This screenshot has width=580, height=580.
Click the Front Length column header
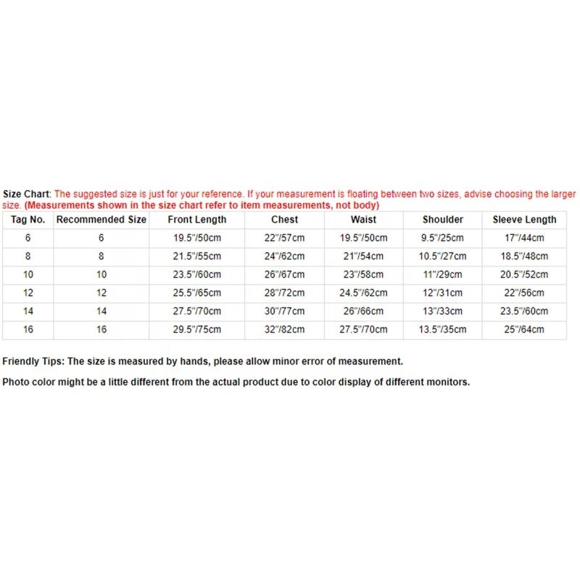pyautogui.click(x=197, y=220)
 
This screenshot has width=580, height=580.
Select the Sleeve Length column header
pyautogui.click(x=524, y=220)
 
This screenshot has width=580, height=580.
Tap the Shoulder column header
pyautogui.click(x=443, y=220)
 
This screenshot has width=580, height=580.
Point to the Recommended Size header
pyautogui.click(x=101, y=220)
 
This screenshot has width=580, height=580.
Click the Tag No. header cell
pyautogui.click(x=28, y=220)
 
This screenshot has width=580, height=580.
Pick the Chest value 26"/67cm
pyautogui.click(x=285, y=275)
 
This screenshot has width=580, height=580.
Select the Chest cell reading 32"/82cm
pyautogui.click(x=285, y=330)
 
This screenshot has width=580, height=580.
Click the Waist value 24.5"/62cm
pyautogui.click(x=363, y=293)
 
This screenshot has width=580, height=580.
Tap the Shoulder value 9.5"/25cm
pyautogui.click(x=443, y=238)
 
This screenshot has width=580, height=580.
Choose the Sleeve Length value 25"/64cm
pyautogui.click(x=524, y=330)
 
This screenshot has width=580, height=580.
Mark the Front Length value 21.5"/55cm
pyautogui.click(x=197, y=257)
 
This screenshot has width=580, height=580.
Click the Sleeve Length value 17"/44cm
pyautogui.click(x=524, y=238)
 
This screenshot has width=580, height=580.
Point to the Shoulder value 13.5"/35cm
pyautogui.click(x=443, y=330)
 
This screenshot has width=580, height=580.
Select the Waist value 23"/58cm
pyautogui.click(x=363, y=275)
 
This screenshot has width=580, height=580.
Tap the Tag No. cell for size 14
pyautogui.click(x=28, y=312)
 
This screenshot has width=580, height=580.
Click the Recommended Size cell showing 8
pyautogui.click(x=101, y=257)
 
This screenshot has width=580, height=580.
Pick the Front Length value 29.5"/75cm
pyautogui.click(x=197, y=330)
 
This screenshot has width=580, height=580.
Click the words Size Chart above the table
pyautogui.click(x=26, y=194)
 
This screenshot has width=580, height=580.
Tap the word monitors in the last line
pyautogui.click(x=448, y=382)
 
